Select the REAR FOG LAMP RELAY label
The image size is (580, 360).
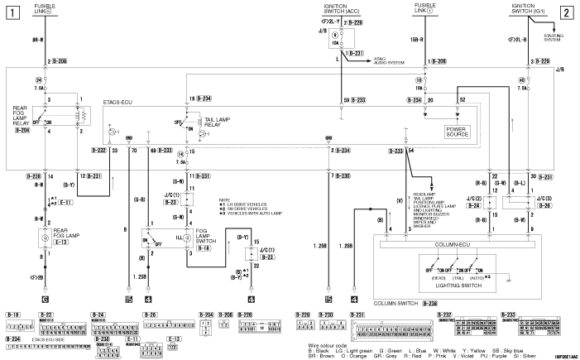[x=21, y=119]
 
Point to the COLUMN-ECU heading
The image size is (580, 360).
[x=457, y=245]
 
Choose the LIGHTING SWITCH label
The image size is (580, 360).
[x=457, y=284]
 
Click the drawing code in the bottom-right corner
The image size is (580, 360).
[x=560, y=353]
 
